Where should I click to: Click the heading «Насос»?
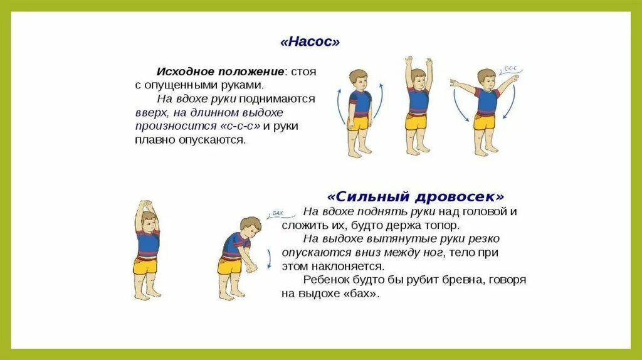[310, 42]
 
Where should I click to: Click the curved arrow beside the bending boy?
[269, 258]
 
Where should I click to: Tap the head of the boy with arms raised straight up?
[418, 77]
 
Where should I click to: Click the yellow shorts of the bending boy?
[230, 265]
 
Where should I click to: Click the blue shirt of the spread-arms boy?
[486, 101]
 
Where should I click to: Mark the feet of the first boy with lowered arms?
[359, 152]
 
